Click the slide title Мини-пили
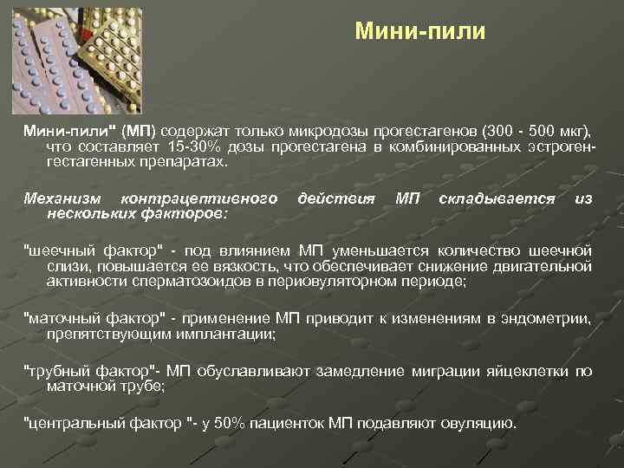(x=421, y=32)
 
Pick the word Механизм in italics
(x=61, y=199)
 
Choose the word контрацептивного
(x=198, y=199)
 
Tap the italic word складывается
(x=497, y=199)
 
